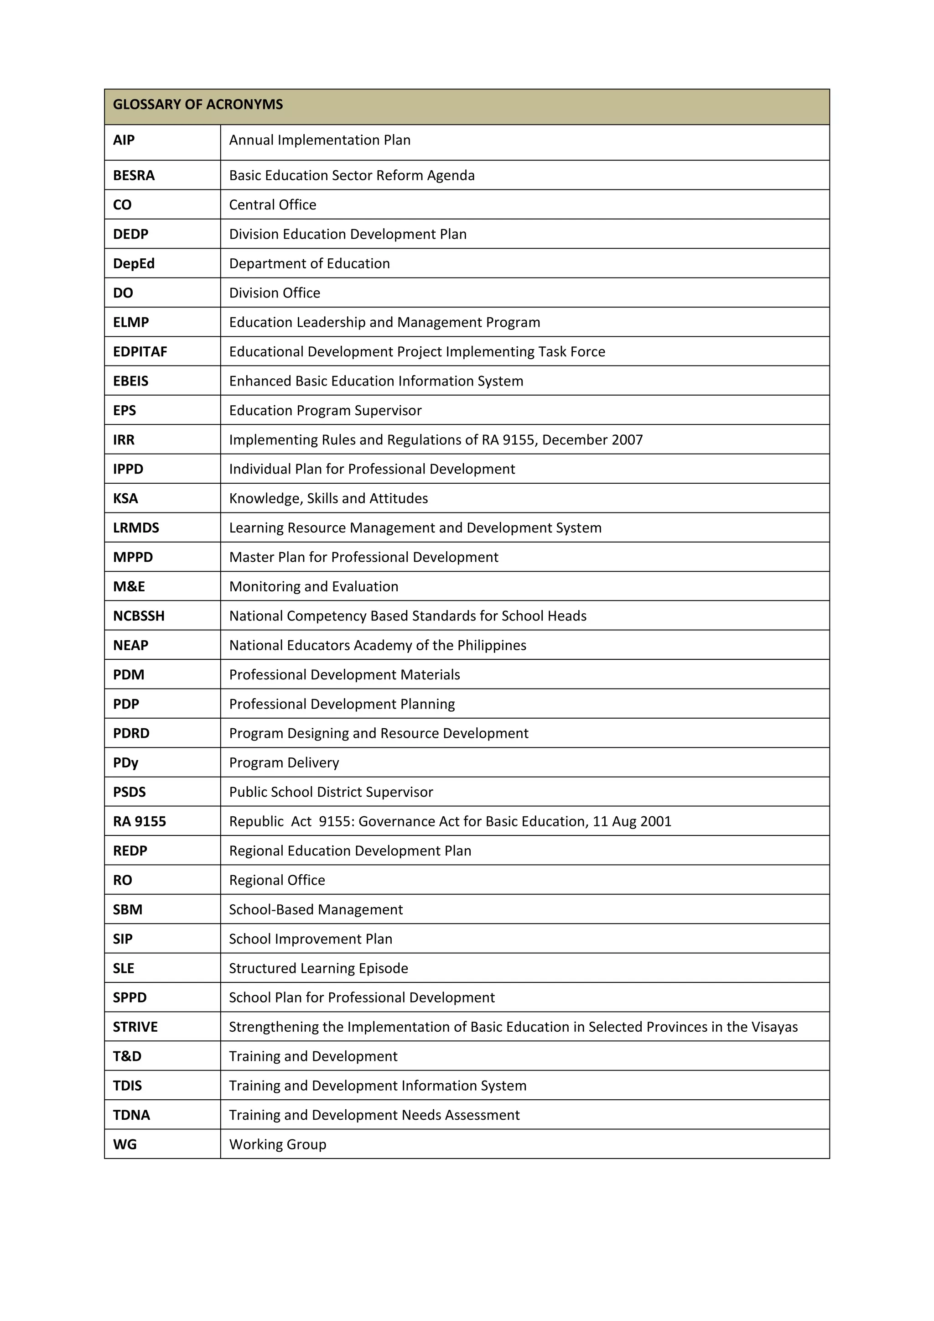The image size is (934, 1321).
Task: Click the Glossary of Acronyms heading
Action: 197,104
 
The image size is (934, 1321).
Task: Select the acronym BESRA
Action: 134,176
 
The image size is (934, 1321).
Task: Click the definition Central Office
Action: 273,205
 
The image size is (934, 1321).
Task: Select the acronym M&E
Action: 129,586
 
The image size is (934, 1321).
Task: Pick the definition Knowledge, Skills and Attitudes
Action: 328,498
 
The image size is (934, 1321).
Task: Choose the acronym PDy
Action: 125,763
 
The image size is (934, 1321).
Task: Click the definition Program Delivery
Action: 284,763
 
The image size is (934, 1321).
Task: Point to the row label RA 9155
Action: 139,822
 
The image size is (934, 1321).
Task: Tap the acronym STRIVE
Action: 135,1027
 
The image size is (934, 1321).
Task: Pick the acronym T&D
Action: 127,1056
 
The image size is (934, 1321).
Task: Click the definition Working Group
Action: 278,1144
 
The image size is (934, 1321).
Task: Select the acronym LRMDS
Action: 136,527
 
